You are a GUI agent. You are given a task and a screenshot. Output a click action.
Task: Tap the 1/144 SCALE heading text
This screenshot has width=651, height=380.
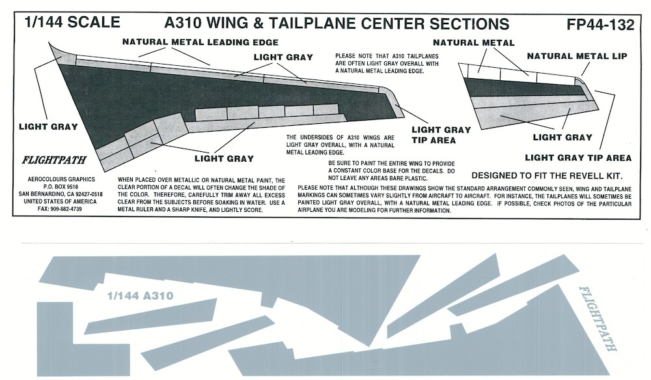tap(72, 22)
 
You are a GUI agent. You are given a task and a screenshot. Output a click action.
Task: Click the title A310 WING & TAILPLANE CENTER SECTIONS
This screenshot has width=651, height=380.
tap(337, 24)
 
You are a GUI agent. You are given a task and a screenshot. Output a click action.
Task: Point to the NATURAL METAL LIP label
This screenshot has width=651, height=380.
tap(577, 57)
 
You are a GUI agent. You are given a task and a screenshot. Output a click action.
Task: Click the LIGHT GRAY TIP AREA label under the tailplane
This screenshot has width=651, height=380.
tap(578, 158)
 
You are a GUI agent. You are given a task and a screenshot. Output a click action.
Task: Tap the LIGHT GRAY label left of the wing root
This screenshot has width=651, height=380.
tap(49, 126)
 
